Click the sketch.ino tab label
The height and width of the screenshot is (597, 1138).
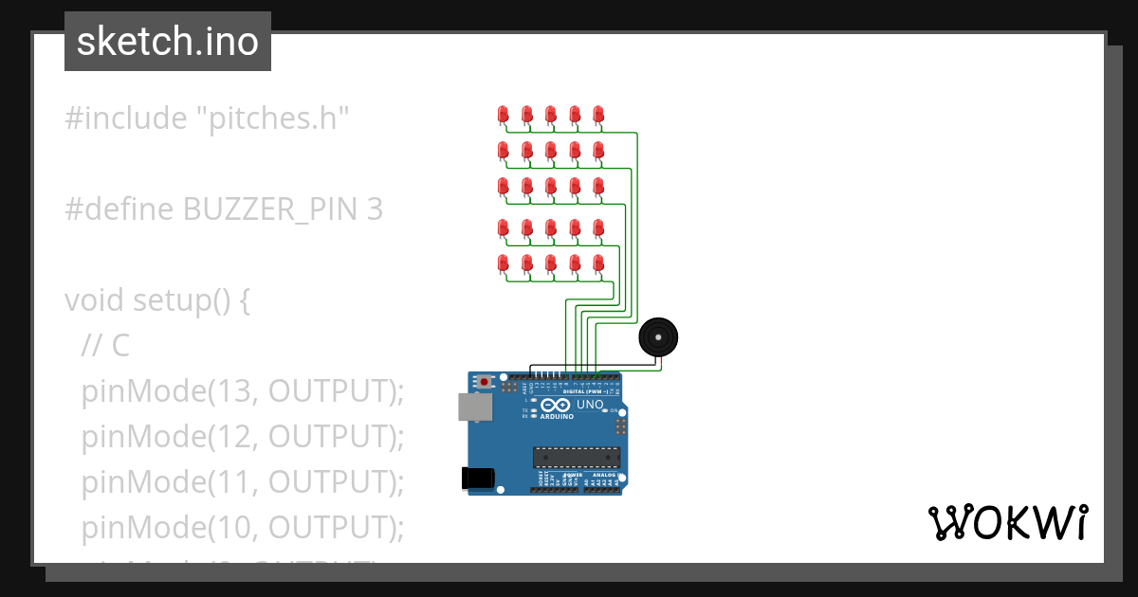point(168,42)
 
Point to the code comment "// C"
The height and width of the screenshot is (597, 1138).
point(105,346)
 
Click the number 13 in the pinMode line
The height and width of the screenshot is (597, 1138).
point(224,390)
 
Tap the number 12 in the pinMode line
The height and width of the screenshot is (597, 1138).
point(224,436)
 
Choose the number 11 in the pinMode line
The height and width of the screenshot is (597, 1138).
point(224,481)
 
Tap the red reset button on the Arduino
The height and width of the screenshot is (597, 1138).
point(486,382)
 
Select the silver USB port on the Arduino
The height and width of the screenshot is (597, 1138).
point(474,407)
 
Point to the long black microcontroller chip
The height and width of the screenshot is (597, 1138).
point(576,459)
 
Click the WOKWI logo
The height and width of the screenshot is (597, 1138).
point(1007,523)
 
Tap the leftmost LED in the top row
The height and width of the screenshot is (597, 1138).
point(504,115)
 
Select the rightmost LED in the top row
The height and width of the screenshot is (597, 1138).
point(598,115)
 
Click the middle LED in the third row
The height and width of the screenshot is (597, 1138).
point(551,186)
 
